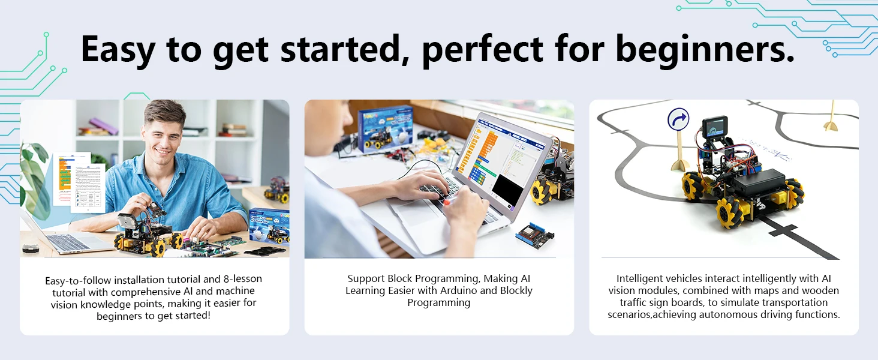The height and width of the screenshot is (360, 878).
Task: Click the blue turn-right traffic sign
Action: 678,119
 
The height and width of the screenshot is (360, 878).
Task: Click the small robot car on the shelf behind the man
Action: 277,190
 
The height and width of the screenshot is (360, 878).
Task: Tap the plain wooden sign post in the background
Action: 831,116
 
